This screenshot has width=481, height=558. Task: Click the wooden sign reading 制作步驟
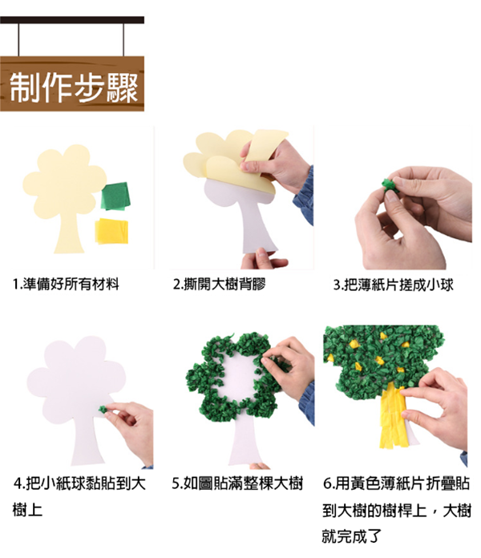(x=72, y=83)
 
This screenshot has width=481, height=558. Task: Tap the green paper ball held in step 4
(x=103, y=410)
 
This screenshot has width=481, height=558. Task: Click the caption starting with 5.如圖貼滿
(x=238, y=483)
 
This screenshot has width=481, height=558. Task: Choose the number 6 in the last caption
(x=328, y=484)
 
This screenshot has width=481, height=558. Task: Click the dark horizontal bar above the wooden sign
(x=72, y=19)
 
